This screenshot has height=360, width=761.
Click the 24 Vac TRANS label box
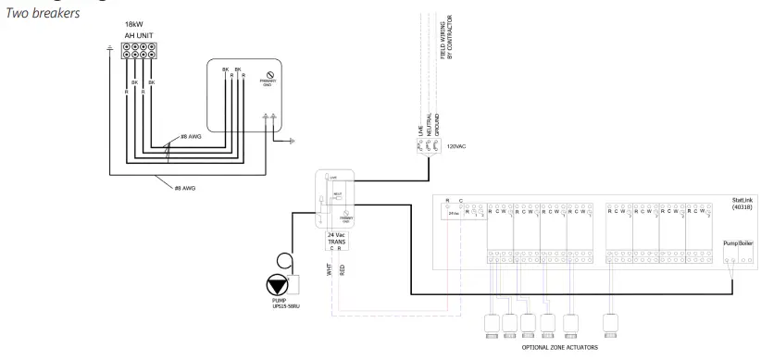coord(337,239)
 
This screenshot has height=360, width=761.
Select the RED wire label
coord(342,268)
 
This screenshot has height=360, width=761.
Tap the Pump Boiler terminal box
coord(735,243)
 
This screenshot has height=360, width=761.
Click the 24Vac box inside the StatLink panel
coord(454,212)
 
